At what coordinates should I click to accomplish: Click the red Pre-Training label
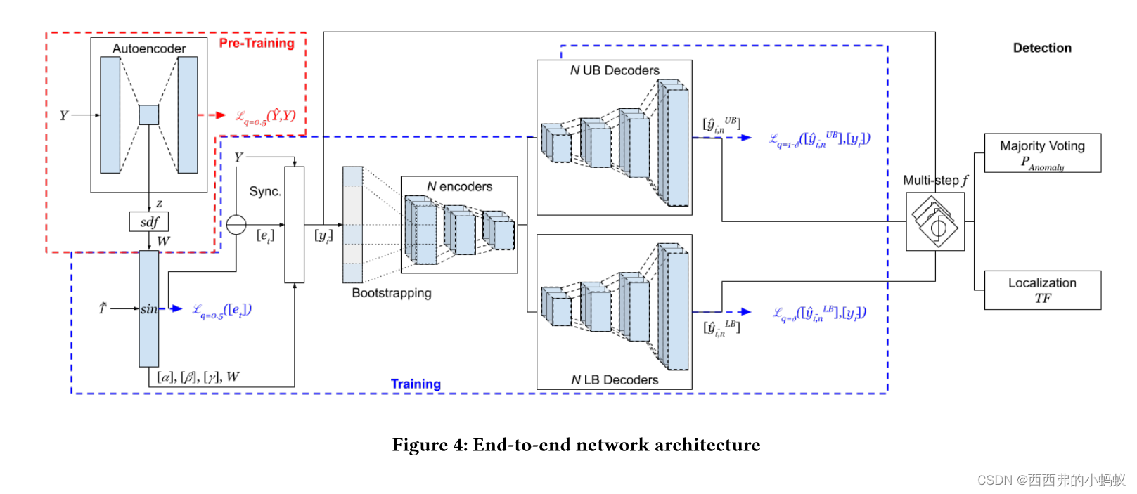pyautogui.click(x=257, y=43)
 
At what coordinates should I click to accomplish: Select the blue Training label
pyautogui.click(x=416, y=384)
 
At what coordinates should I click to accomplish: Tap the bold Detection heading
pyautogui.click(x=1042, y=48)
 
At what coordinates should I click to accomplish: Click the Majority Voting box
pyautogui.click(x=1042, y=153)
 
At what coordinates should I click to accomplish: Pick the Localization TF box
pyautogui.click(x=1042, y=290)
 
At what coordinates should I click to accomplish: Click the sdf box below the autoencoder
pyautogui.click(x=149, y=222)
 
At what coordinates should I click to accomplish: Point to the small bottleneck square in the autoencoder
pyautogui.click(x=148, y=115)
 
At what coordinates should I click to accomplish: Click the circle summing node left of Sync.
pyautogui.click(x=236, y=225)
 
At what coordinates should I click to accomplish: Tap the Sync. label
pyautogui.click(x=265, y=191)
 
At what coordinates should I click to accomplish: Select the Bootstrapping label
pyautogui.click(x=392, y=293)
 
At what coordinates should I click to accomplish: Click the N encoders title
pyautogui.click(x=459, y=186)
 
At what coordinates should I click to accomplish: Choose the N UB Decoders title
pyautogui.click(x=615, y=70)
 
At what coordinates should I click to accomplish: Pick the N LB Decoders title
pyautogui.click(x=615, y=379)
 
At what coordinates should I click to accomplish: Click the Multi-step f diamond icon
pyautogui.click(x=935, y=221)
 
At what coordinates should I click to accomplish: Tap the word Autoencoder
pyautogui.click(x=149, y=48)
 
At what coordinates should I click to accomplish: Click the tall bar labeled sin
pyautogui.click(x=149, y=308)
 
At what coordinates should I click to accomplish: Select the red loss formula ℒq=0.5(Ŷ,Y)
pyautogui.click(x=265, y=117)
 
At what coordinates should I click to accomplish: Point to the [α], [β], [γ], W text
pyautogui.click(x=198, y=377)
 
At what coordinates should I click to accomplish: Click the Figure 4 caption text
pyautogui.click(x=576, y=445)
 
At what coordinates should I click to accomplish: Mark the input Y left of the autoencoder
pyautogui.click(x=64, y=115)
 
